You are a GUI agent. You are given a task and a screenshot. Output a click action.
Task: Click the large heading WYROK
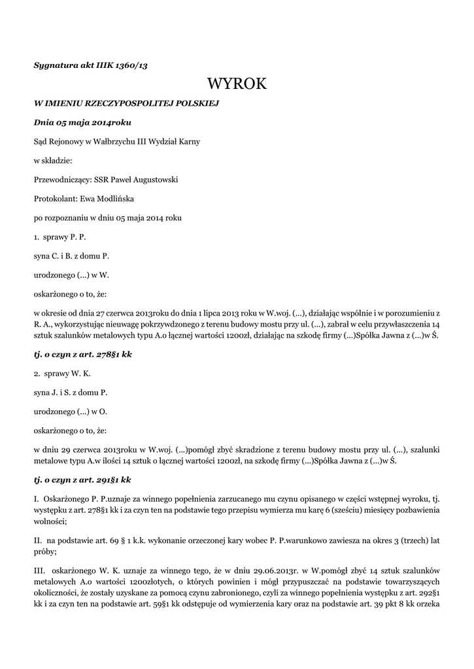pyautogui.click(x=237, y=84)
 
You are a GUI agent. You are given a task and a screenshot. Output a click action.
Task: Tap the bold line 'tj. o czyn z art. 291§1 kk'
pyautogui.click(x=82, y=479)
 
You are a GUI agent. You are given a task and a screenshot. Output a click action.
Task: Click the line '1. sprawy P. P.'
pyautogui.click(x=60, y=236)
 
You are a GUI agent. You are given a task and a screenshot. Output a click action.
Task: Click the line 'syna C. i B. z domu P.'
pyautogui.click(x=71, y=255)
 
